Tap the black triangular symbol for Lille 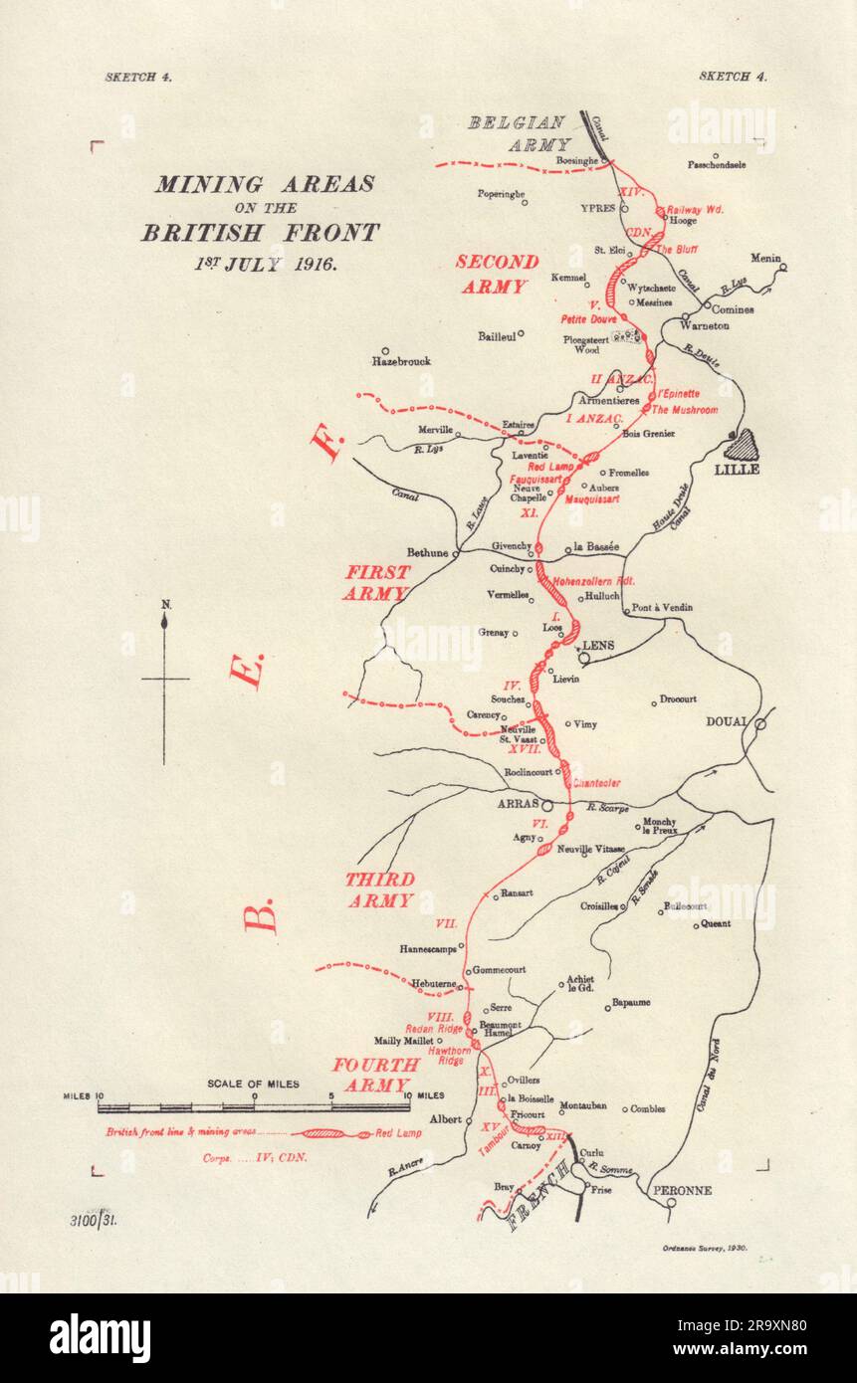click(746, 444)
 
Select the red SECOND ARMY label click(497, 274)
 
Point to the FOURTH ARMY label click(370, 1075)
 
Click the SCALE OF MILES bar click(254, 1105)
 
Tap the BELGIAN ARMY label click(518, 133)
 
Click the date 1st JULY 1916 click(265, 265)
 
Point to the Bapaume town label click(630, 1003)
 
